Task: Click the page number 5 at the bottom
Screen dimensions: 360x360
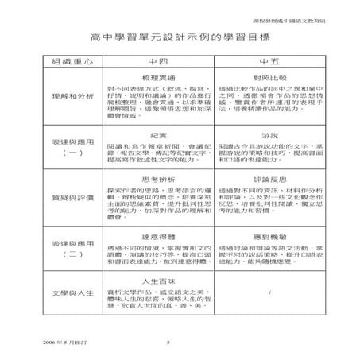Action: [x=168, y=343]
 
